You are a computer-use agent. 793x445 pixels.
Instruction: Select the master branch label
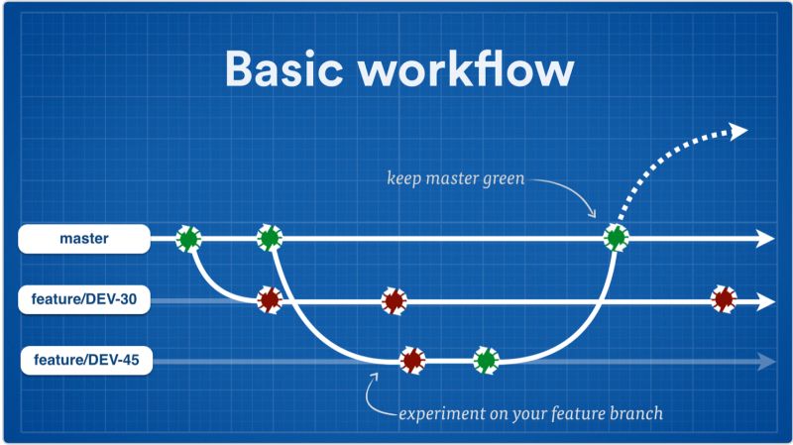(x=84, y=238)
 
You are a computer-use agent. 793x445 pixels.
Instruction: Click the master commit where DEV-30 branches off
(x=188, y=238)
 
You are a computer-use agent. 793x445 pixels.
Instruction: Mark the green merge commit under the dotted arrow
(x=616, y=238)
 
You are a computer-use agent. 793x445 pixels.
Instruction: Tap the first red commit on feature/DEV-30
(x=269, y=299)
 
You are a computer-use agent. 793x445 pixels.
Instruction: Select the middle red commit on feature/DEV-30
(x=394, y=299)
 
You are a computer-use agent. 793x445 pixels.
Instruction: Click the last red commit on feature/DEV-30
(x=724, y=299)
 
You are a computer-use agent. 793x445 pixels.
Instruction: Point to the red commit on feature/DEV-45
(x=411, y=361)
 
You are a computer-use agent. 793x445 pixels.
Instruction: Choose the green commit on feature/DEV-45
(x=485, y=361)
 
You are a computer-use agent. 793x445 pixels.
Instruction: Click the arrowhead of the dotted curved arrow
(x=738, y=130)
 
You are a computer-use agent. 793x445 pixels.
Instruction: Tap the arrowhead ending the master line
(x=765, y=238)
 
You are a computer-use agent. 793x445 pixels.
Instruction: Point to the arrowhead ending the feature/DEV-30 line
(x=765, y=300)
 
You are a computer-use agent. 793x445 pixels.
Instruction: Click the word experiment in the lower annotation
(x=436, y=411)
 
